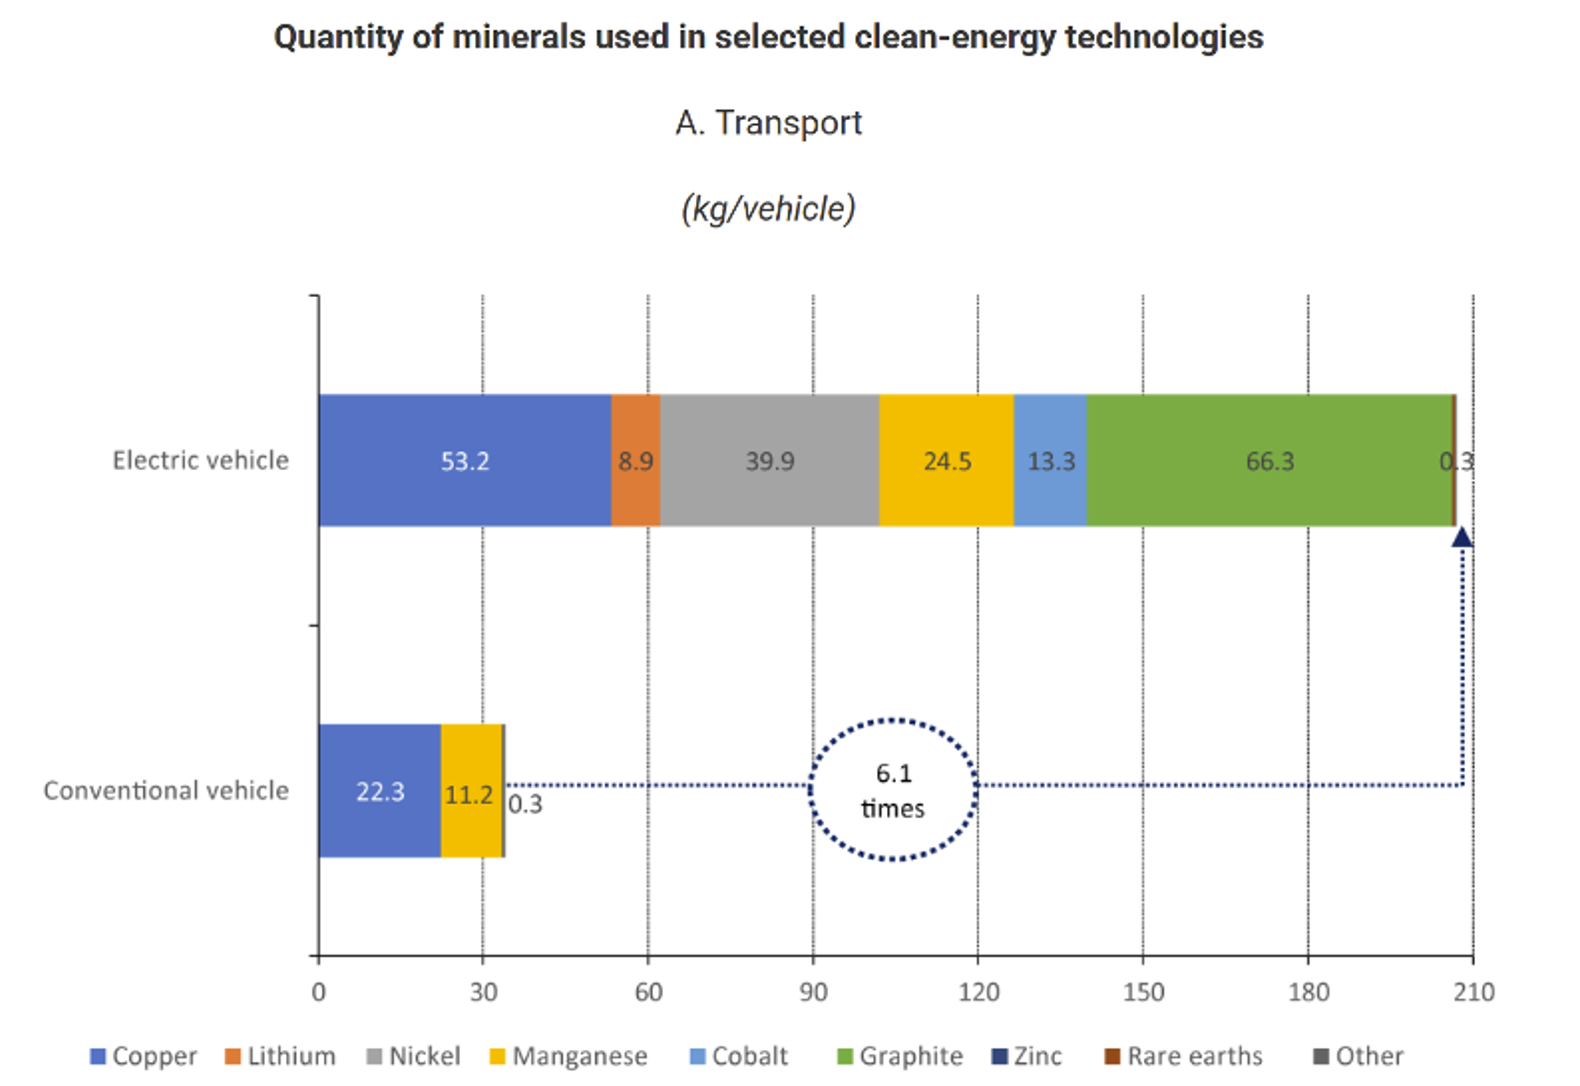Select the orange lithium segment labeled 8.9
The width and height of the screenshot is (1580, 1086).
coord(635,461)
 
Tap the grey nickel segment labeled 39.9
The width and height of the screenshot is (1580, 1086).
coord(769,461)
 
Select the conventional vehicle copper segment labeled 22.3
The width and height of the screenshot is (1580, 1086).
coord(379,791)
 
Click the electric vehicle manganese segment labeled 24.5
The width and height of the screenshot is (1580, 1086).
coord(946,461)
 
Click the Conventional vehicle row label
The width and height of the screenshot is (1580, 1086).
coord(166,791)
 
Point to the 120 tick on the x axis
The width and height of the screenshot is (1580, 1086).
coord(978,992)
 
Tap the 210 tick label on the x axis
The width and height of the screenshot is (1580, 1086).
coord(1473,992)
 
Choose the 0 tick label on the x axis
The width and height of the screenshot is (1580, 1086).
coord(318,992)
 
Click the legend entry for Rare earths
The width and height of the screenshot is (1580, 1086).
coord(1185,1056)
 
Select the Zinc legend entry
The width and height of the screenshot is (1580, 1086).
coord(1028,1056)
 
